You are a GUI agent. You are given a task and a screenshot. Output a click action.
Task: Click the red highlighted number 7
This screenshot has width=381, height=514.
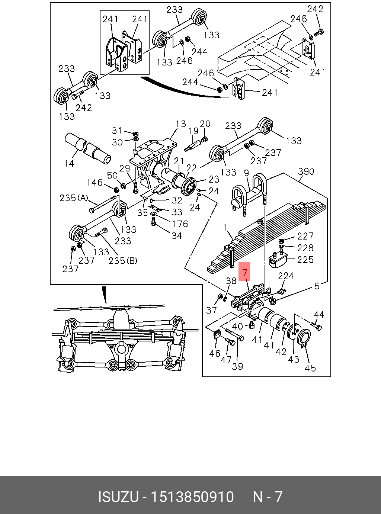[245, 272]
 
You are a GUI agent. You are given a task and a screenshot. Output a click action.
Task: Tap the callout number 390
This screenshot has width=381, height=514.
[306, 171]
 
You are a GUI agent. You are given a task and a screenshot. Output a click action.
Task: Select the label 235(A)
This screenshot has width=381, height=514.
[74, 198]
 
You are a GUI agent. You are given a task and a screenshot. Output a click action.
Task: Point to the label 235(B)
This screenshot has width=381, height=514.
[123, 261]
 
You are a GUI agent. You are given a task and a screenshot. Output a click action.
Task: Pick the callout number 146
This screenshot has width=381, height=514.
[95, 182]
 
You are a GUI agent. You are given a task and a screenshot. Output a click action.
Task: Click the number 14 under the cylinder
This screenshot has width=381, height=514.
[70, 163]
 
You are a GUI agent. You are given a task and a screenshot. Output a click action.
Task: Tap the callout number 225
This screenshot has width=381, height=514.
[305, 259]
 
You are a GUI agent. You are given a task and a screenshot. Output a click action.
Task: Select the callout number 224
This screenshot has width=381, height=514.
[286, 276]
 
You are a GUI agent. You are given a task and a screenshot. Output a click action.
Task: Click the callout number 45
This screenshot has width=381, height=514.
[310, 368]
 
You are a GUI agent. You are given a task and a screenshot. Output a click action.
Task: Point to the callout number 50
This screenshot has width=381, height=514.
[112, 175]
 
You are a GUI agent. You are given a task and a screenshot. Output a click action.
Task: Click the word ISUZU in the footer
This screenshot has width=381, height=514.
[118, 497]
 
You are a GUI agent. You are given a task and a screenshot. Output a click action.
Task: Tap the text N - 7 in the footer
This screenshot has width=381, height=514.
[268, 497]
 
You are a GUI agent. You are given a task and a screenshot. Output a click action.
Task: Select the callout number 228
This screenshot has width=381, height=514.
[305, 248]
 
